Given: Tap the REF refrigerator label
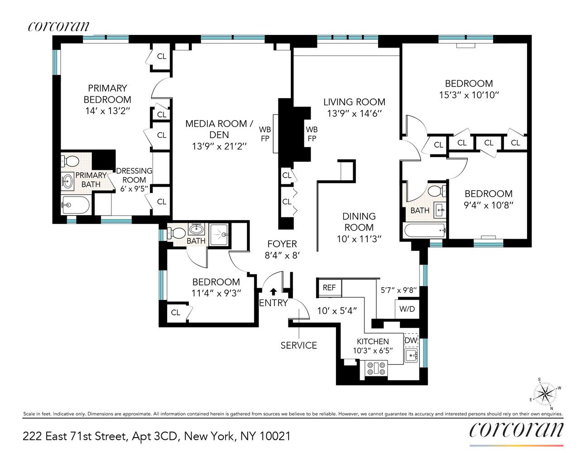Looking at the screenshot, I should coord(329,288).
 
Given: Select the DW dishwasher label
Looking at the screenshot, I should coord(410,340).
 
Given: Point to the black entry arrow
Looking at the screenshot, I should coord(274,292).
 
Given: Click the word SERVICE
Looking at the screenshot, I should coord(298,345).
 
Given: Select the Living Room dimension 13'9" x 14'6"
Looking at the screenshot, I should coord(354,113).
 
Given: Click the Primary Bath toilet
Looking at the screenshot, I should coord(70,161).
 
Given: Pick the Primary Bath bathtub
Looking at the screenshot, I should coord(75,205).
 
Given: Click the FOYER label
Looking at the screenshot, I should coord(282,244).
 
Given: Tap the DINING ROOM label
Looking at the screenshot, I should coord(359,222).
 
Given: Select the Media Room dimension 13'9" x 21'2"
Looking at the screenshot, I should coord(219,146).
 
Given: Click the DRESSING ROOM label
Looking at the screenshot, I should coord(134,175).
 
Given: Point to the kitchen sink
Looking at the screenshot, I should coord(410,356).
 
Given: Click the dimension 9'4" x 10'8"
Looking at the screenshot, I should coord(488,205).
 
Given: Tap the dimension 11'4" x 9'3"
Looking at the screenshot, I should coord(216,293).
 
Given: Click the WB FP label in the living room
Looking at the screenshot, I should coord(312,134).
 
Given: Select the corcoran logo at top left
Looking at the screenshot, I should coord(58,26).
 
